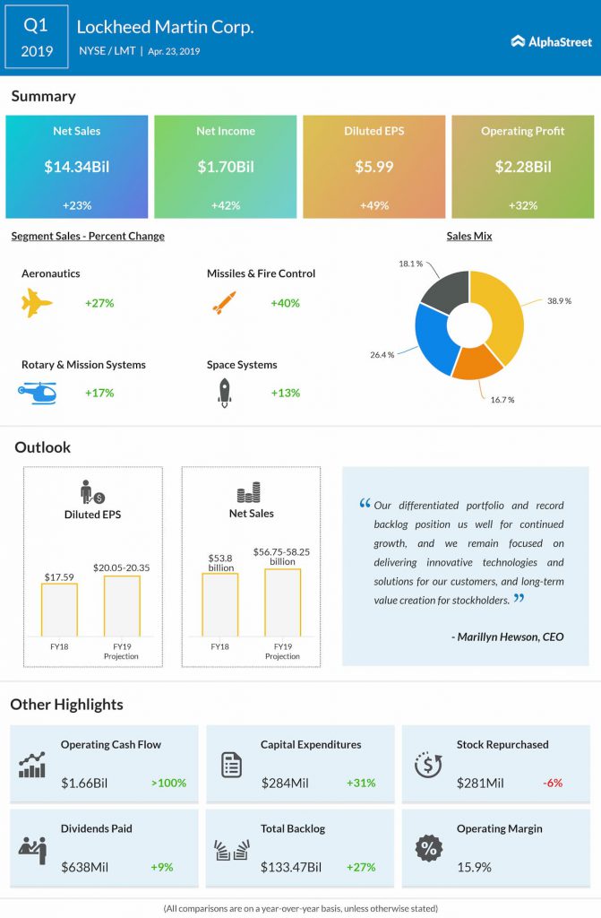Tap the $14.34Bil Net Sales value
click(x=76, y=167)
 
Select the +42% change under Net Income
click(x=224, y=205)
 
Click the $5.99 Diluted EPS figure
click(x=373, y=167)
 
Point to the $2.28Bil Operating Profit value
click(x=522, y=167)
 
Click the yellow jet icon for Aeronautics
click(x=38, y=304)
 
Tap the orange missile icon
click(x=223, y=303)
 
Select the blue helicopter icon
click(x=38, y=393)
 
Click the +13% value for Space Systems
click(x=285, y=393)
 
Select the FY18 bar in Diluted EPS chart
click(x=60, y=610)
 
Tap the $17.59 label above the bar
click(x=59, y=576)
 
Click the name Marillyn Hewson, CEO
click(x=508, y=637)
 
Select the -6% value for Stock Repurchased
click(x=552, y=783)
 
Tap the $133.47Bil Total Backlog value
click(x=291, y=867)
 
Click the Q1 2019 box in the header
click(x=37, y=38)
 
